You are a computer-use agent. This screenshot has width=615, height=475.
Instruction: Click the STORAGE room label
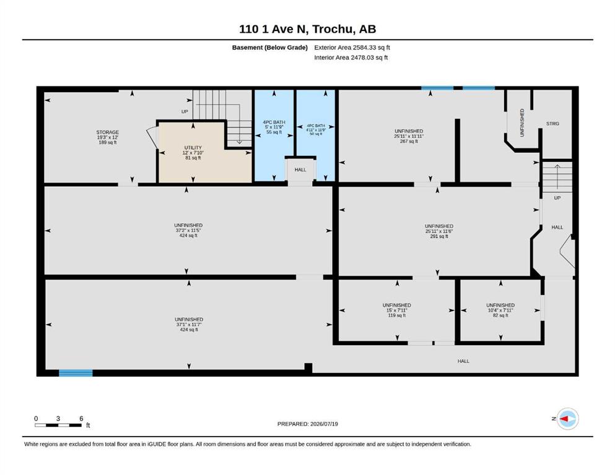coord(108,132)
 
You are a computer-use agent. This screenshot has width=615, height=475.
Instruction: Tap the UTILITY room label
coord(193,148)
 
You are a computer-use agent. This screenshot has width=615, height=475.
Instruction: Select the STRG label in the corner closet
coord(552,123)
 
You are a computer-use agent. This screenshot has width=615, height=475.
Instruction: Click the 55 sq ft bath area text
coord(274,132)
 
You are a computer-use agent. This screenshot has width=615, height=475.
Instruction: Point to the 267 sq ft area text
coord(409,142)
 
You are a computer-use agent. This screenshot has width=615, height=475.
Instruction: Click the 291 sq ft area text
coord(439,236)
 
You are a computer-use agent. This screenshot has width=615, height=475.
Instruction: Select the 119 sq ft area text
coord(397,315)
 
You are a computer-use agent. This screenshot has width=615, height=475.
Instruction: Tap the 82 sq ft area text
coord(500,315)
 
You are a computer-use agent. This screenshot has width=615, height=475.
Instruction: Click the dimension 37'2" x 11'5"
coord(188,231)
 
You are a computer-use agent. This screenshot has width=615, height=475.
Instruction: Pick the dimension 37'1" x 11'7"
coord(189,325)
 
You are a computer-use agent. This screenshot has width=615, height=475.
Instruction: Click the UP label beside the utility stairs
coord(185,111)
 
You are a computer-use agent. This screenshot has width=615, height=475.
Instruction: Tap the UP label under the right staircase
coord(557,198)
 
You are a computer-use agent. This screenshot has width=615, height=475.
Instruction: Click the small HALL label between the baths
coord(300,169)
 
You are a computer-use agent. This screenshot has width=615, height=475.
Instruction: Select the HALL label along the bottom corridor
coord(463,361)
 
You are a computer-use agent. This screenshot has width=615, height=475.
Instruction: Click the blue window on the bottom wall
coord(76,373)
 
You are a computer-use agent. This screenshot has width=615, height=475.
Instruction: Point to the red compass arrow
coord(564,419)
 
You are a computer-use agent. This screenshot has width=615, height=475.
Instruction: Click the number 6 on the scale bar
coord(81,419)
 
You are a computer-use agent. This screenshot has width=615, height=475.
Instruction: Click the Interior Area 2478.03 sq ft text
coord(351,58)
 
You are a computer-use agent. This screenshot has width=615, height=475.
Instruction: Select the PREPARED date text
coord(307,424)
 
